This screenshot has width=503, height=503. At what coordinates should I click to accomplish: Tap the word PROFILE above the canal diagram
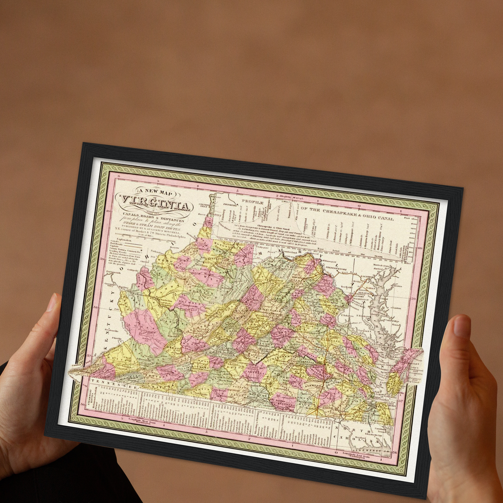[253, 202]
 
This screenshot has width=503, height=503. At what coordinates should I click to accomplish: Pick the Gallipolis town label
[133, 269]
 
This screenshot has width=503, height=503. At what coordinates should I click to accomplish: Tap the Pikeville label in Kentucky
[117, 338]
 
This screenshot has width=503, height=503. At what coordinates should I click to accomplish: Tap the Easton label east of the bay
[396, 308]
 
